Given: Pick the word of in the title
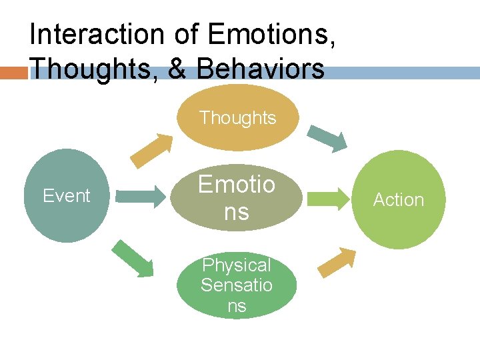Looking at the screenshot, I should [189, 35].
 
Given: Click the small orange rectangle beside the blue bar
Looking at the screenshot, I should [13, 73].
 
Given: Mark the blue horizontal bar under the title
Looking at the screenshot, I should [400, 73].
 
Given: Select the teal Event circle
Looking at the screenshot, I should [66, 195].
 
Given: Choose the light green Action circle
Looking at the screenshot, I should [399, 200].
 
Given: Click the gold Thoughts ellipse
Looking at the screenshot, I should [237, 118].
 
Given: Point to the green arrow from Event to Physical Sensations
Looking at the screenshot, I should [133, 257].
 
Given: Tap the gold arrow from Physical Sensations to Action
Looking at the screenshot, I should [337, 262].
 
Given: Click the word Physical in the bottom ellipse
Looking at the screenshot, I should [237, 265].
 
